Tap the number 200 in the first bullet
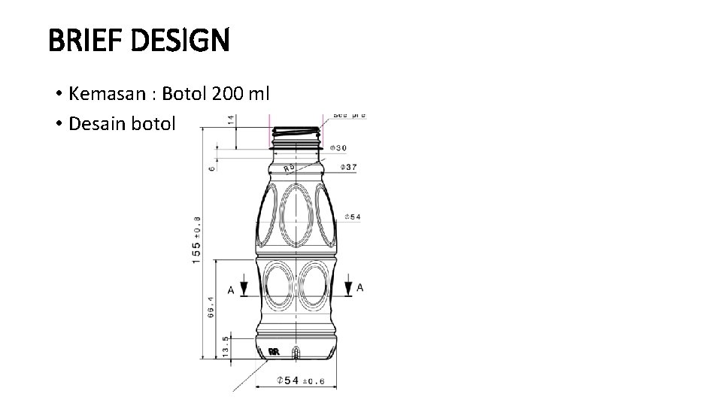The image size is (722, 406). (x=228, y=94)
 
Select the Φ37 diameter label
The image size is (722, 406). (x=349, y=166)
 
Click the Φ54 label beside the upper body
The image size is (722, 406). (x=352, y=217)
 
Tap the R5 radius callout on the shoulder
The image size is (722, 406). (x=289, y=169)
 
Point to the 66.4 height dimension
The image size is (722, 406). (x=211, y=308)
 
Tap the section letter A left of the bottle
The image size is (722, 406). (x=230, y=289)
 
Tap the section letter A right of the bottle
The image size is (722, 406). (x=360, y=287)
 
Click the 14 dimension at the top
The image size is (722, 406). (x=231, y=120)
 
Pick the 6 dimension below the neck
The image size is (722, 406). (x=212, y=167)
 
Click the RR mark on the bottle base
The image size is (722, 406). (x=274, y=351)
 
